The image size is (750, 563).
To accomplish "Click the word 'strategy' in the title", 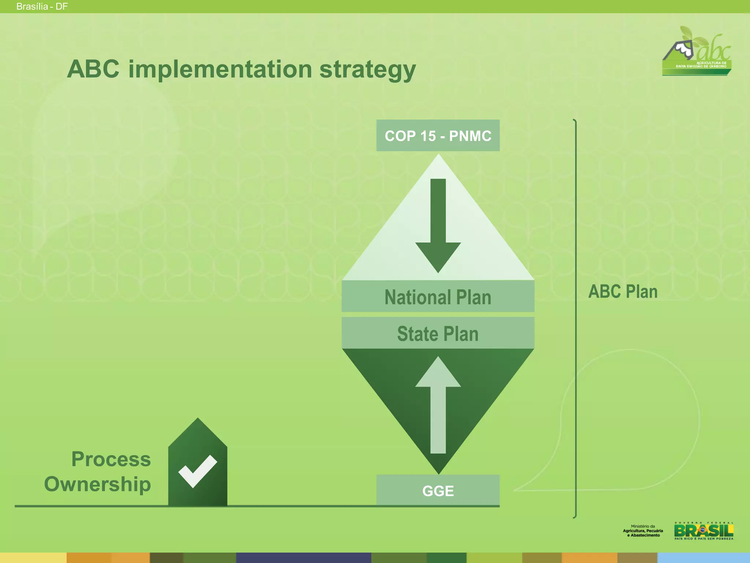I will pyautogui.click(x=367, y=70).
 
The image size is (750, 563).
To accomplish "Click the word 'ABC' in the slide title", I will pyautogui.click(x=93, y=69).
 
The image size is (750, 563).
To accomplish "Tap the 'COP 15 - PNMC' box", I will pyautogui.click(x=438, y=136).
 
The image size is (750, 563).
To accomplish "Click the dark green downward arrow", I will pyautogui.click(x=438, y=227).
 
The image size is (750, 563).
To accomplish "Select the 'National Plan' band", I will pyautogui.click(x=438, y=297).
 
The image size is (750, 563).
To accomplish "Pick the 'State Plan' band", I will pyautogui.click(x=438, y=334).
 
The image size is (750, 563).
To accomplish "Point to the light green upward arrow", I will pyautogui.click(x=438, y=407).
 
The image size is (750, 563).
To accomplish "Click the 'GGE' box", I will pyautogui.click(x=438, y=490).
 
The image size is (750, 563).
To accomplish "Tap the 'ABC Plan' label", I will pyautogui.click(x=623, y=292).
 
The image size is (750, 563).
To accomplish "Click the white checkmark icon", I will pyautogui.click(x=198, y=471).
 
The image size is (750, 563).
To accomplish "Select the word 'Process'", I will pyautogui.click(x=111, y=459).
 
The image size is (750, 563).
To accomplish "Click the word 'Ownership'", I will pyautogui.click(x=97, y=484).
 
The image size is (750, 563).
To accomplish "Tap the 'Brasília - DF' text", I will pyautogui.click(x=42, y=7).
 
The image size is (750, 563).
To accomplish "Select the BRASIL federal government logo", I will pyautogui.click(x=703, y=531).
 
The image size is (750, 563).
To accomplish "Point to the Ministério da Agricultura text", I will pyautogui.click(x=643, y=531).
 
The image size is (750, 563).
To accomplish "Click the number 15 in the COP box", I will pyautogui.click(x=428, y=136).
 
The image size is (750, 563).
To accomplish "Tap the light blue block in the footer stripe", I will pyautogui.click(x=703, y=558).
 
